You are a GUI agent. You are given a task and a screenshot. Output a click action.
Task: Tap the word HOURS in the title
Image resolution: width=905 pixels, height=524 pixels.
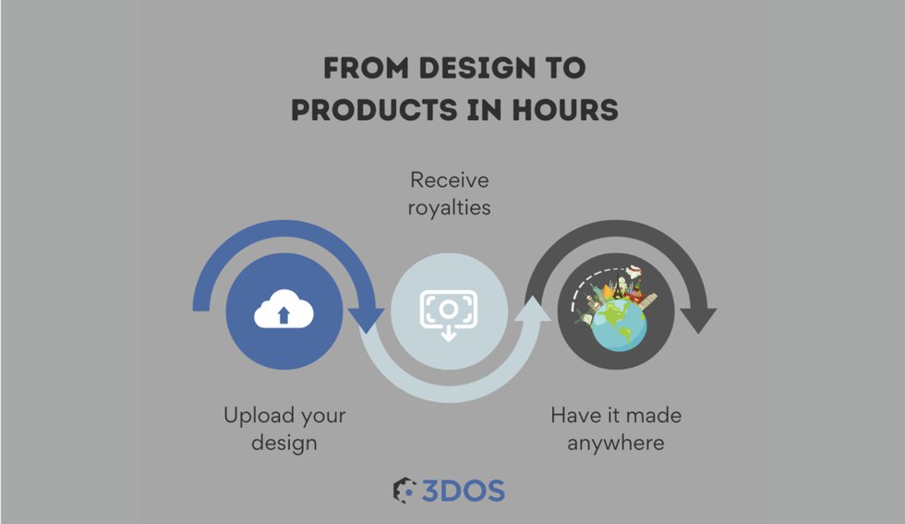click(x=565, y=110)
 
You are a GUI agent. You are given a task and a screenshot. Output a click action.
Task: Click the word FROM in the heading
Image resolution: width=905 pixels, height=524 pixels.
click(x=366, y=67)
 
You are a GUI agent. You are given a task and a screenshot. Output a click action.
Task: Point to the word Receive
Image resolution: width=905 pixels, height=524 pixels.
click(x=450, y=180)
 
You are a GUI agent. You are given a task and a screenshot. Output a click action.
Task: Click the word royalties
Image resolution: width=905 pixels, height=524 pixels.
click(x=449, y=207)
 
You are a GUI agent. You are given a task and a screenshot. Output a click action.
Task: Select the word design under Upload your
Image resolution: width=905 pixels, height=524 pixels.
click(x=284, y=443)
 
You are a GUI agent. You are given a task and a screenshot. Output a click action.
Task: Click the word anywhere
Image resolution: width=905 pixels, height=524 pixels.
click(x=616, y=444)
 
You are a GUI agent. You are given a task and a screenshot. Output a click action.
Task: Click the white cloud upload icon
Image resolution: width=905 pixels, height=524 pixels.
click(x=284, y=309)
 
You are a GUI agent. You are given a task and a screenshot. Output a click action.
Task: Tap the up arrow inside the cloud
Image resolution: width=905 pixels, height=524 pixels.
click(x=284, y=315)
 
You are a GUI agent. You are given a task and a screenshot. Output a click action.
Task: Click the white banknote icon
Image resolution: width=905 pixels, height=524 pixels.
click(x=449, y=310)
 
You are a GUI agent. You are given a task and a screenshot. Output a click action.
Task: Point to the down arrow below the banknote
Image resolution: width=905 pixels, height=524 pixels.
click(x=449, y=334)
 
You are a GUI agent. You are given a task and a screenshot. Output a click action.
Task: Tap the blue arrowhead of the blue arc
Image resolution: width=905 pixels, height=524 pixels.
click(x=366, y=320)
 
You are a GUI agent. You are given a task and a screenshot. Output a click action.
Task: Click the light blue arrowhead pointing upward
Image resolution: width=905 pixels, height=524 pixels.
click(x=532, y=309)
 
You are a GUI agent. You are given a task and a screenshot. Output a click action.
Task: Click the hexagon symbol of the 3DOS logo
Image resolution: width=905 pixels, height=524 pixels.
click(x=404, y=491)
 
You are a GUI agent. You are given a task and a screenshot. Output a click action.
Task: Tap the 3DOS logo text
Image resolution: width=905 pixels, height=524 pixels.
click(x=463, y=491)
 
